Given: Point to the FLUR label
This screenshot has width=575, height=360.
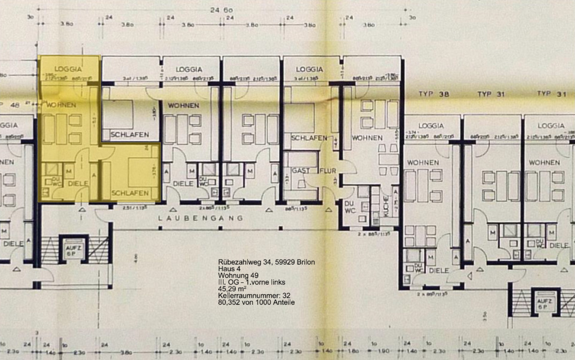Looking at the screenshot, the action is (329, 171).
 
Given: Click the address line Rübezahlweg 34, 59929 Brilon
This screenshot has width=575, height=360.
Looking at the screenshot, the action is (266, 263).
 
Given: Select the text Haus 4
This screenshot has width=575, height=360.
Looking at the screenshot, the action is (229, 270).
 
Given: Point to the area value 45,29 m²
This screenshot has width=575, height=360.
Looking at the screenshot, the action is (234, 289).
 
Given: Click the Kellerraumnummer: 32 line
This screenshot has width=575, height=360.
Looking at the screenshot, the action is (254, 296).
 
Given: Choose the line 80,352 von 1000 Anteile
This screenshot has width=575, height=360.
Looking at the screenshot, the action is (256, 302).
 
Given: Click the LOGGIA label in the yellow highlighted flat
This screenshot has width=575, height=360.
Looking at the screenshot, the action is (67, 69).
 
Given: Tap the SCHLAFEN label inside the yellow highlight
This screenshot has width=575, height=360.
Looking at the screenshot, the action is (130, 193).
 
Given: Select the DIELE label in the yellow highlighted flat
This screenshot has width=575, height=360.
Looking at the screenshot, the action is (78, 184).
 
